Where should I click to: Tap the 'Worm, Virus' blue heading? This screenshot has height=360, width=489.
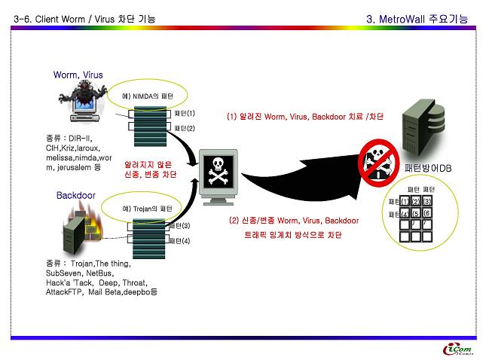click(x=78, y=75)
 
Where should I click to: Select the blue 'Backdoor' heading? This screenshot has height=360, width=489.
click(x=75, y=195)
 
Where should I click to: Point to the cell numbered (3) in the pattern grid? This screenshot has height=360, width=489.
click(x=426, y=202)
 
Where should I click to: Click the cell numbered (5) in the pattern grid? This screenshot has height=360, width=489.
click(x=416, y=214)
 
